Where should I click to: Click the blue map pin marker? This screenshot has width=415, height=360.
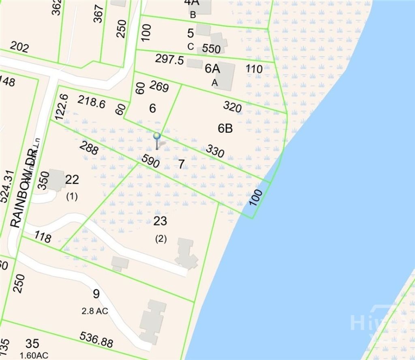click(x=157, y=137)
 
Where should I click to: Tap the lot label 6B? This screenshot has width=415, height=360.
click(x=225, y=128)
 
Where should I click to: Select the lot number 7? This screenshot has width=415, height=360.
click(x=181, y=164)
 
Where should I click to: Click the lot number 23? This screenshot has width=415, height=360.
click(x=160, y=221)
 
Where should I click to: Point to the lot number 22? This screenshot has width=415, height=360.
click(x=72, y=179)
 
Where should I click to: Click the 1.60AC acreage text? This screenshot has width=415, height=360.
click(x=34, y=356)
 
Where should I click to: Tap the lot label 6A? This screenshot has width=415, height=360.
click(x=212, y=69)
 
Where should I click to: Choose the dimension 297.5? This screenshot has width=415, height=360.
click(x=169, y=60)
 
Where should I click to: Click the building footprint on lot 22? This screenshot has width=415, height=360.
click(x=56, y=180)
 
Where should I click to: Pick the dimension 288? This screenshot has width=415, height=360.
click(x=89, y=148)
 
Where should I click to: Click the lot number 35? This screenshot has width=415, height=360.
click(x=32, y=344)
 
